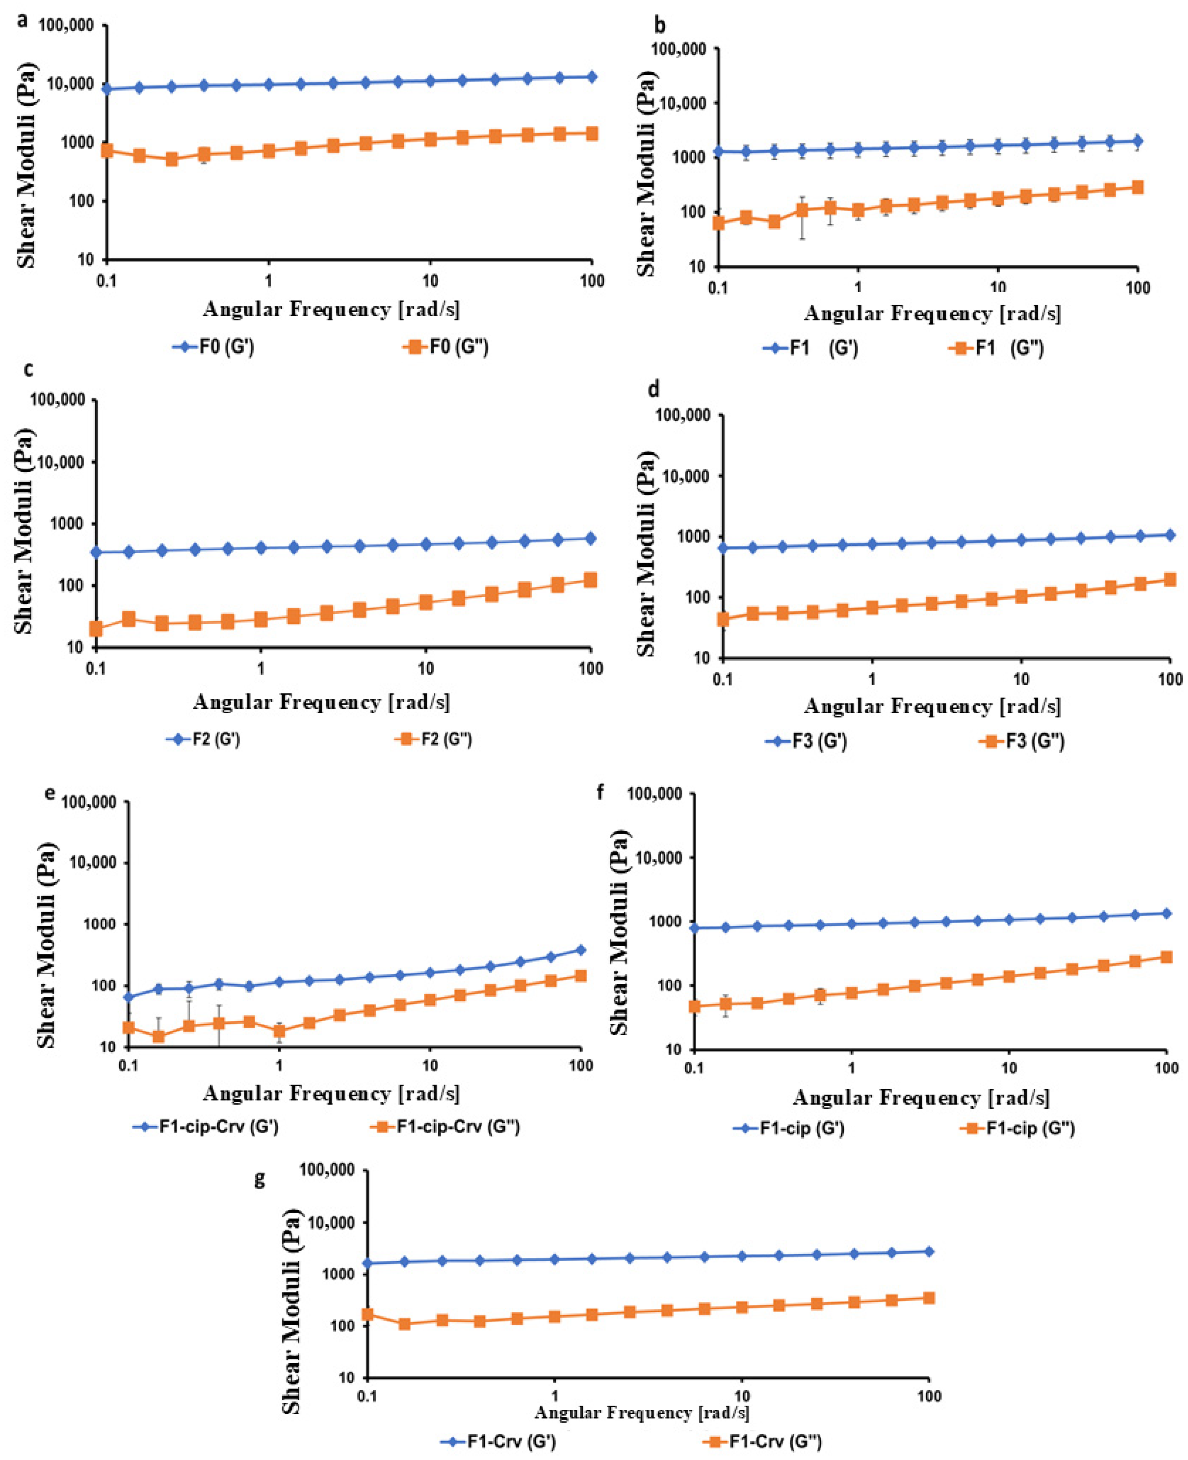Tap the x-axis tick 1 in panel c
tap(261, 668)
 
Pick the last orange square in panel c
tap(590, 580)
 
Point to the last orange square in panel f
tap(1166, 957)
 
